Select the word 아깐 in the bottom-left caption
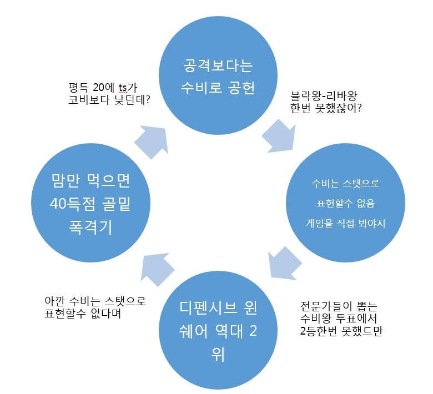tap(56, 301)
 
